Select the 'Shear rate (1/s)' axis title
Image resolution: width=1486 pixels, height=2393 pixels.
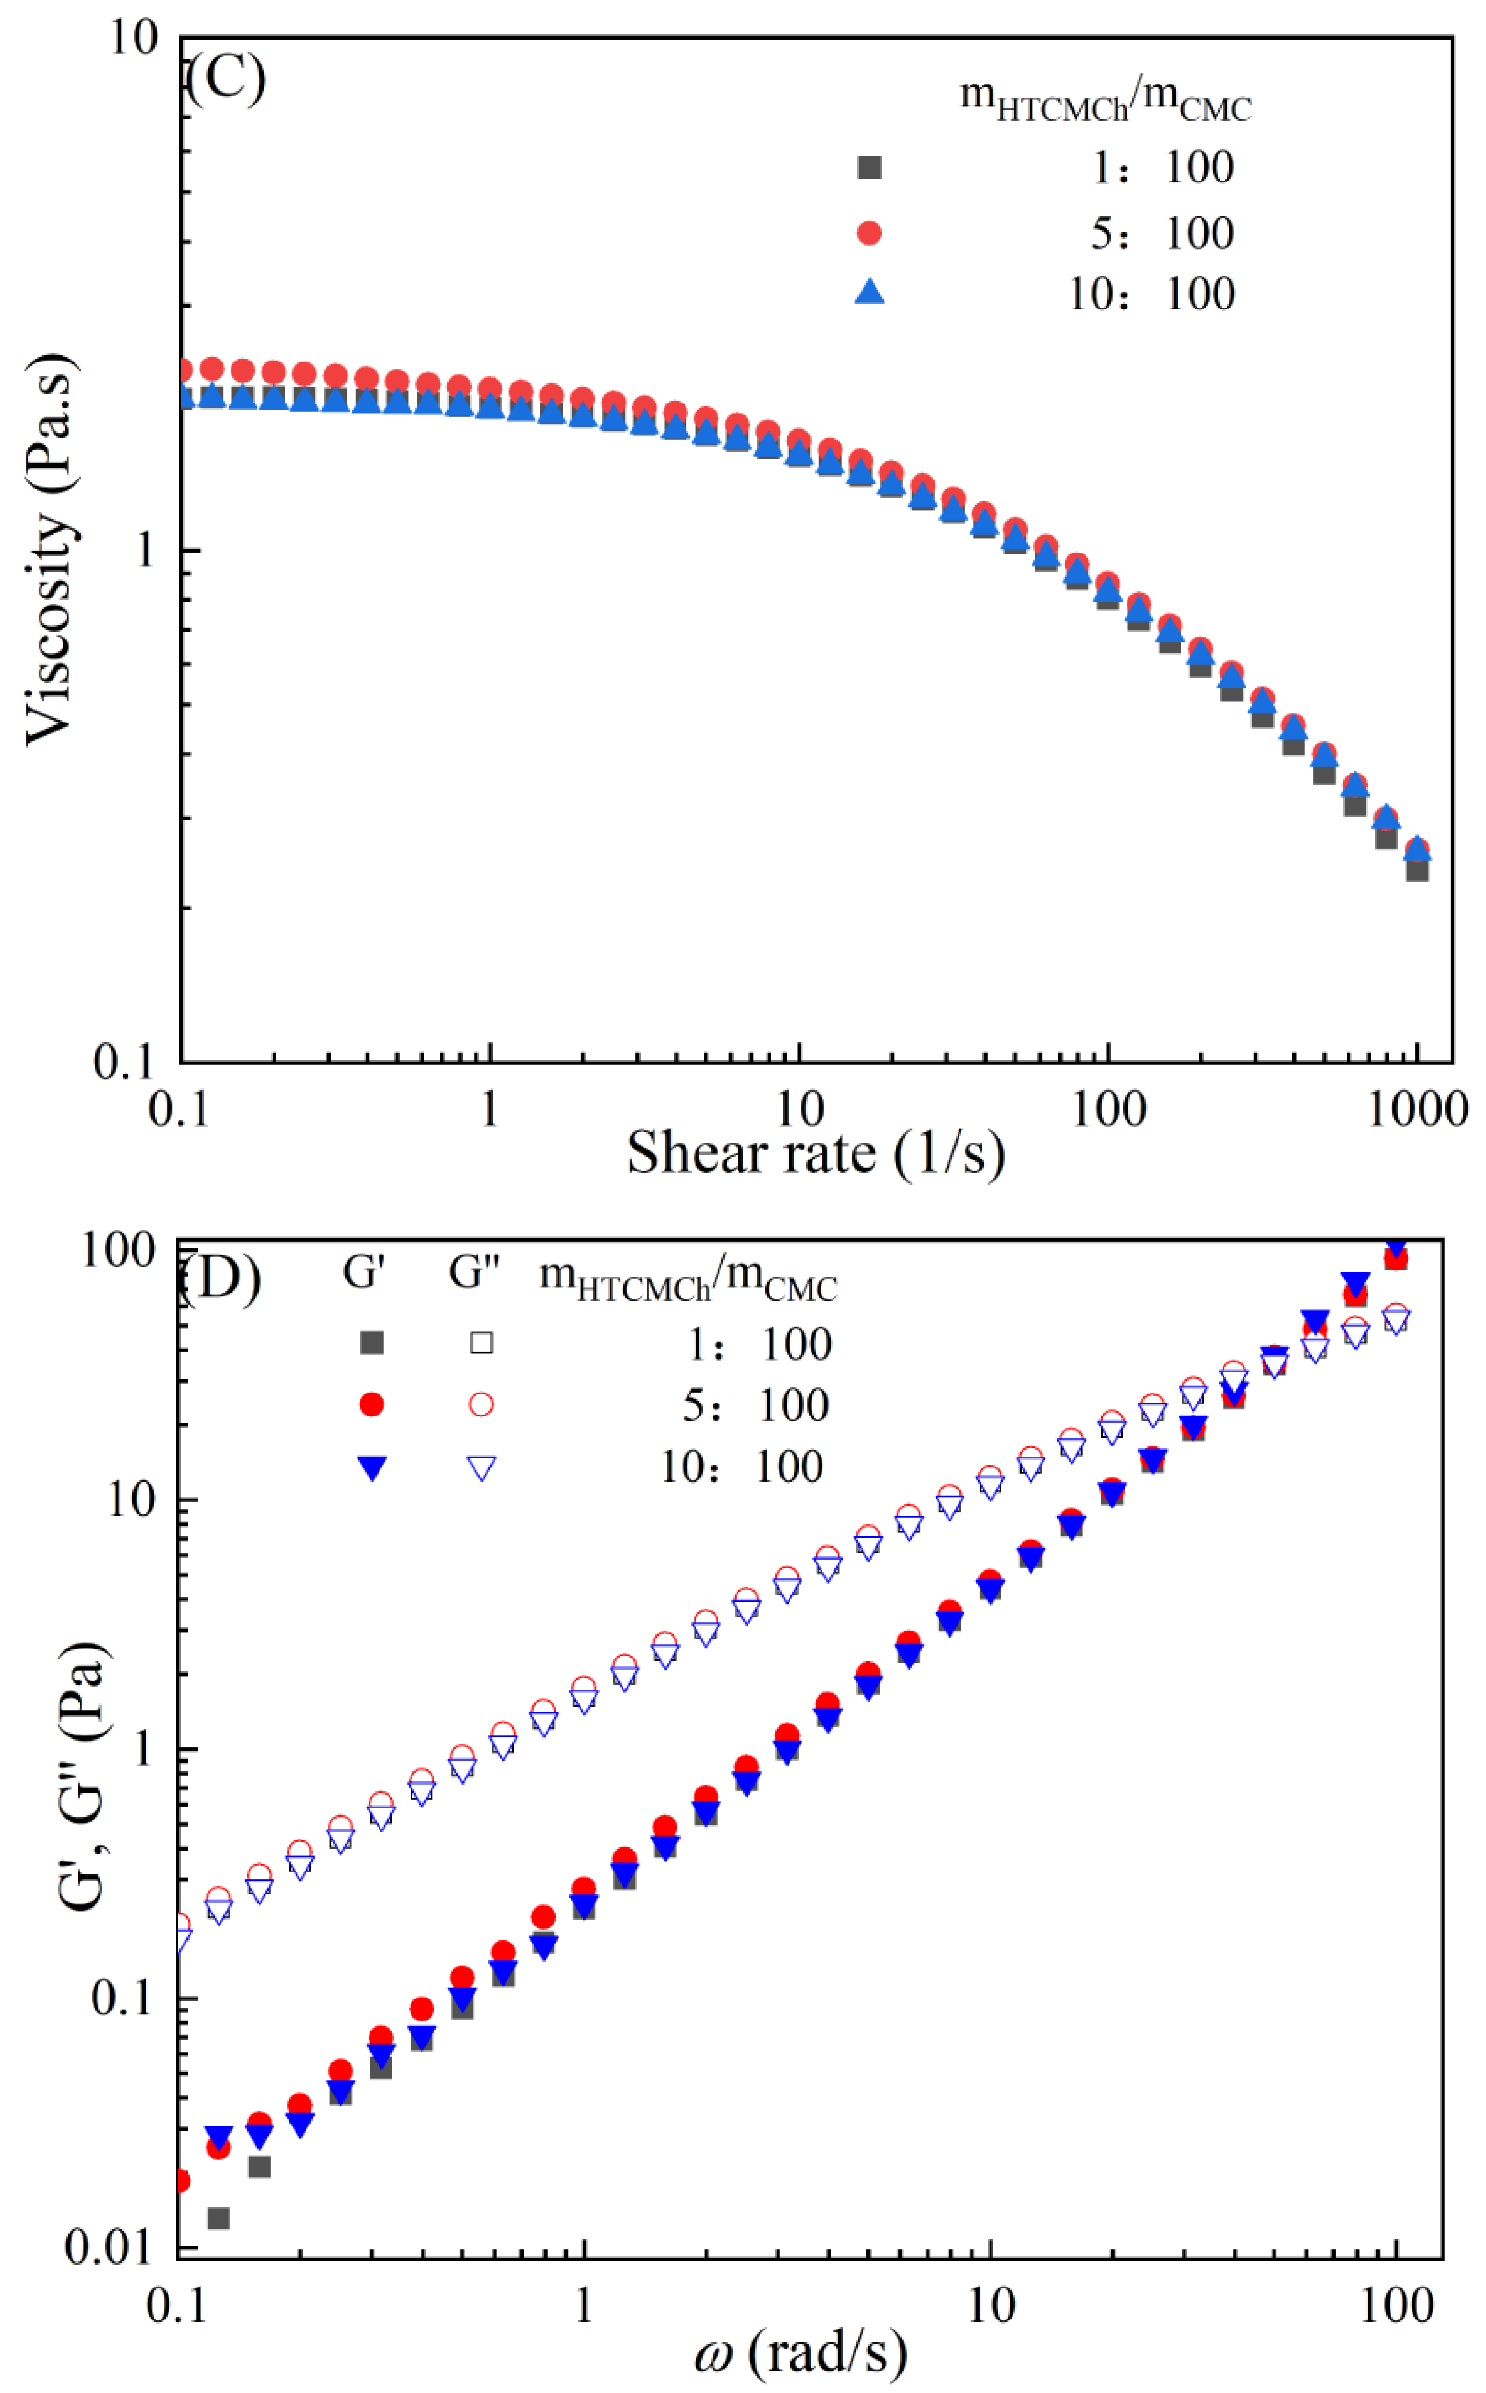pyautogui.click(x=816, y=1153)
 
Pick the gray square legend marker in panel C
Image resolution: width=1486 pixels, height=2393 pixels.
pyautogui.click(x=869, y=167)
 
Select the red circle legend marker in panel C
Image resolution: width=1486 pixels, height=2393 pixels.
pyautogui.click(x=869, y=233)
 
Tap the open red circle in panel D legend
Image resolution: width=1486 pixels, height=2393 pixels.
pyautogui.click(x=481, y=1405)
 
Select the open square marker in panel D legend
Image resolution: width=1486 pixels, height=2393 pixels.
pyautogui.click(x=481, y=1343)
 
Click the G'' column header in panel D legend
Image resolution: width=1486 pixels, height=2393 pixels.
pyautogui.click(x=474, y=1273)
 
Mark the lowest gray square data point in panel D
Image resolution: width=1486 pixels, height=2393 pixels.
pyautogui.click(x=218, y=2218)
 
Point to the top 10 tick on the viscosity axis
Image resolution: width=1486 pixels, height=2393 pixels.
pyautogui.click(x=133, y=39)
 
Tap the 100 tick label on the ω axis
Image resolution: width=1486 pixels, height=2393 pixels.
pyautogui.click(x=1396, y=2306)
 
